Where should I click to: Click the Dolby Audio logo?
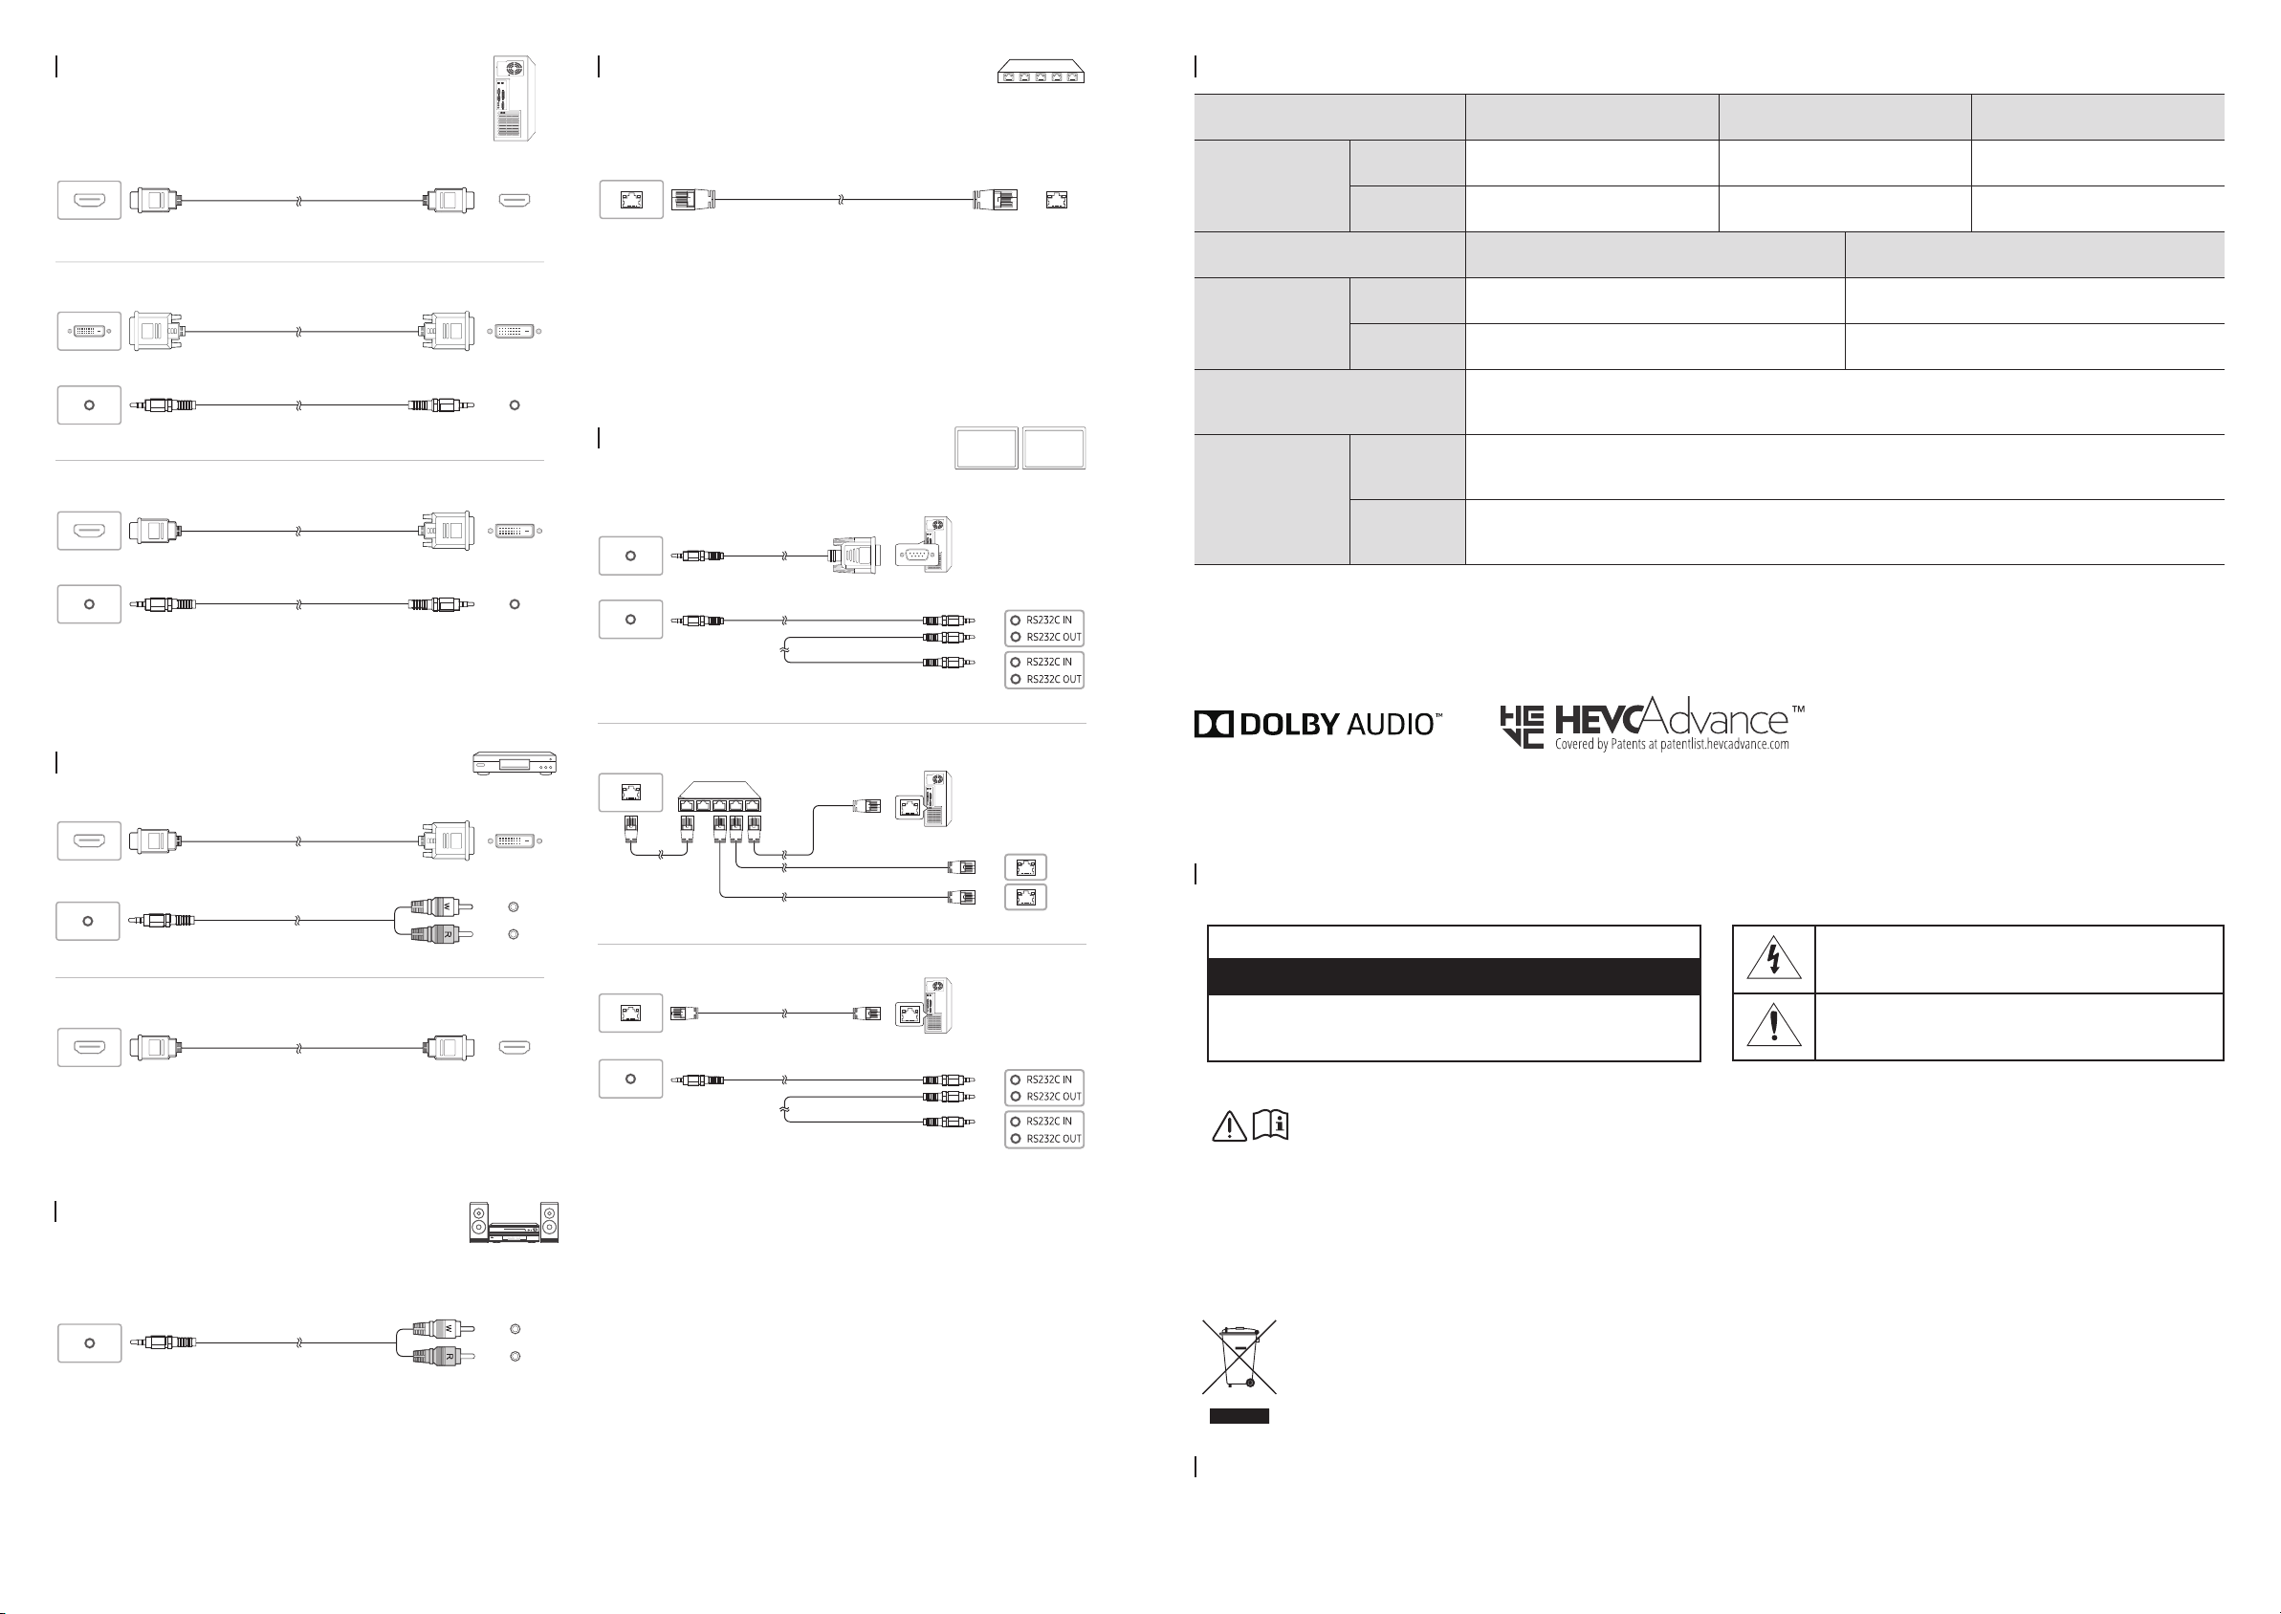pos(1318,724)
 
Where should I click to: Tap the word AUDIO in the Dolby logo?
pos(1390,725)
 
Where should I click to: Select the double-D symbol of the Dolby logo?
pos(1214,725)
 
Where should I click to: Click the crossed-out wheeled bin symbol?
pos(1239,1357)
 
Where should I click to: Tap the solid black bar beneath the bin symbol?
pos(1239,1416)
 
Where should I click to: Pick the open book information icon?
pos(1271,1125)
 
